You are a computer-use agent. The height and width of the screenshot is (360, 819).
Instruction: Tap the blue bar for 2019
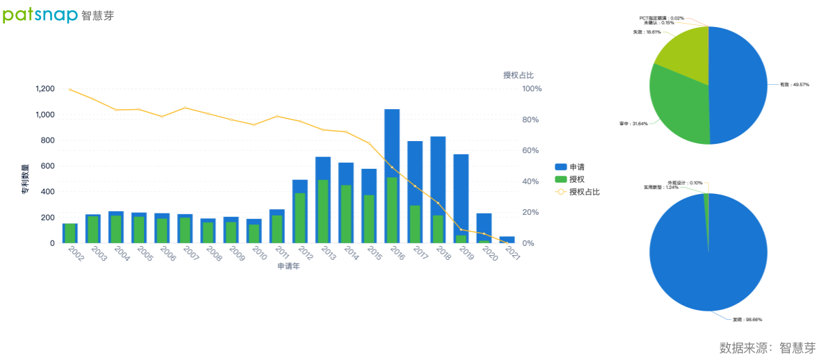(x=461, y=195)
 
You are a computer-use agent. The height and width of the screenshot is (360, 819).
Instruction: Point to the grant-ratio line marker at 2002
(x=70, y=90)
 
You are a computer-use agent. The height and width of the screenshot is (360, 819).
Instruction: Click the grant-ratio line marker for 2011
(x=277, y=116)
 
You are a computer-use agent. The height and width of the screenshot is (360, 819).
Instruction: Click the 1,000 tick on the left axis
(x=44, y=115)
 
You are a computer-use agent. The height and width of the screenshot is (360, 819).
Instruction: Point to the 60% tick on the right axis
(x=532, y=151)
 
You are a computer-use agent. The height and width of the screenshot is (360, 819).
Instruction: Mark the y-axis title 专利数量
(x=24, y=179)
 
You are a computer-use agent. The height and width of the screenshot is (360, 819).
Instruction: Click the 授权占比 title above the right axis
(x=518, y=75)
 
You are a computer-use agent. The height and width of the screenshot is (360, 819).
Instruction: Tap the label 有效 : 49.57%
(x=794, y=85)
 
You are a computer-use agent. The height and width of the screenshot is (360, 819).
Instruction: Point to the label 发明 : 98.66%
(x=747, y=320)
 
